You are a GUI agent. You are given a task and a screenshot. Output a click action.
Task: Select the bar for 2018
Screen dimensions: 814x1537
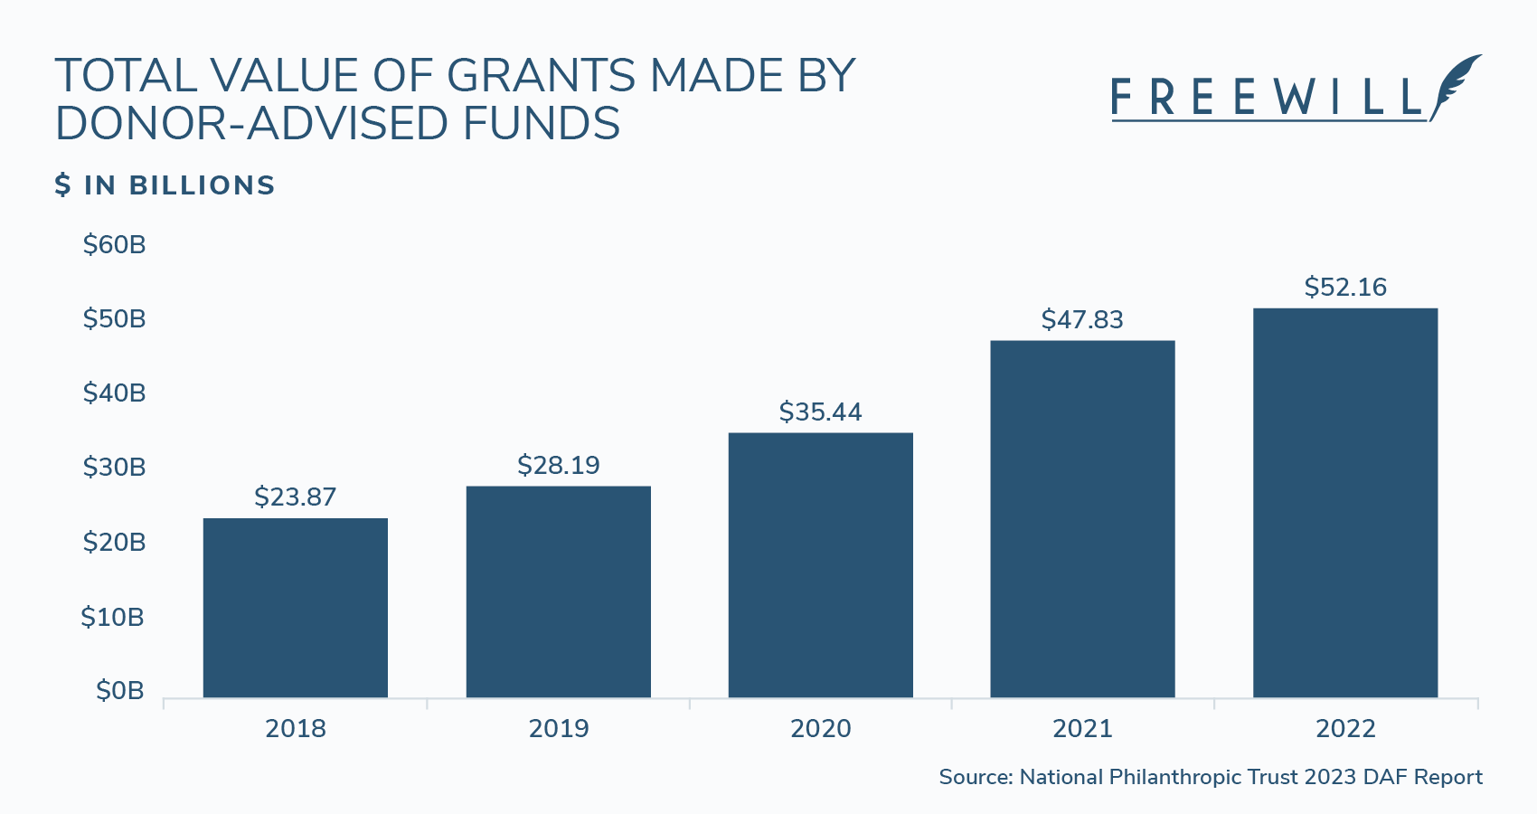[295, 608]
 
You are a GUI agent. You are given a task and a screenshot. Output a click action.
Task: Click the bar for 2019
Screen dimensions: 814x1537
[558, 592]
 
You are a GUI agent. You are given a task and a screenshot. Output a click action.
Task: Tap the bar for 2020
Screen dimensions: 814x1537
[820, 565]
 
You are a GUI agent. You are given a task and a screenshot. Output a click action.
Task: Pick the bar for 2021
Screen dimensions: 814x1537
[1082, 519]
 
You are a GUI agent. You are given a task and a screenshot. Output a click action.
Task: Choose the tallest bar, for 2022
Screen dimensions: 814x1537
[1344, 503]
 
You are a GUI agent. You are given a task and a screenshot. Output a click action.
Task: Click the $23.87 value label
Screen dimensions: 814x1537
[295, 497]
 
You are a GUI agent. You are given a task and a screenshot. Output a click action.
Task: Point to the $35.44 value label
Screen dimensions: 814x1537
[820, 412]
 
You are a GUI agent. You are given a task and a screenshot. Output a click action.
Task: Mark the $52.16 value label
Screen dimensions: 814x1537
[1344, 287]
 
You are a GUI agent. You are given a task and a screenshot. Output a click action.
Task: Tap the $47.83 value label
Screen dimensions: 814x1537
[1082, 319]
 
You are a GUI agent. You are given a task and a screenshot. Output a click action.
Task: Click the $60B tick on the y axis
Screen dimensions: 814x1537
[114, 245]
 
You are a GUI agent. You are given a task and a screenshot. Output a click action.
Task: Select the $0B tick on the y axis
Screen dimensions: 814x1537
[120, 691]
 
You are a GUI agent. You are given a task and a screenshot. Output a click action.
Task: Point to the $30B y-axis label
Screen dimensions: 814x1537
[114, 468]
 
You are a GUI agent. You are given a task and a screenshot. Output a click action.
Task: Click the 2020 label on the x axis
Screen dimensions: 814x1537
[820, 729]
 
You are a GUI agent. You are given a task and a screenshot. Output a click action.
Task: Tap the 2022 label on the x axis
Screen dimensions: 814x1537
[1344, 729]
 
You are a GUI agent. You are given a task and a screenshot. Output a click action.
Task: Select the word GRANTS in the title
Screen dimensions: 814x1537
[541, 76]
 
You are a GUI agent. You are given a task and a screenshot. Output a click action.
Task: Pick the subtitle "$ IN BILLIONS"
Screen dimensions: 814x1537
[165, 185]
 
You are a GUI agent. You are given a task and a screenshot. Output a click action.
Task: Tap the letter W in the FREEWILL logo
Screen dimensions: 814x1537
[1297, 98]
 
